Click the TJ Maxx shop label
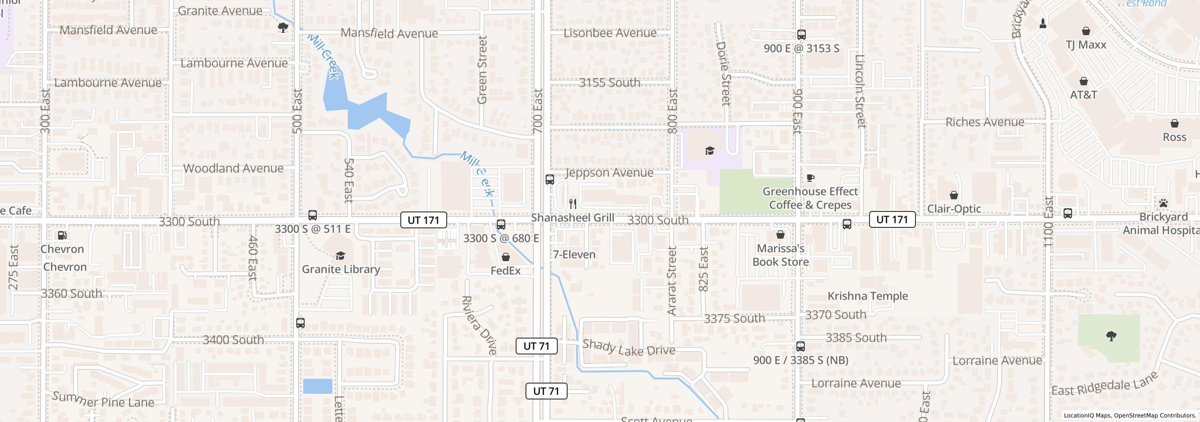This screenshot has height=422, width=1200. [x=1086, y=45]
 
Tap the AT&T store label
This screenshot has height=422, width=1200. [x=1083, y=95]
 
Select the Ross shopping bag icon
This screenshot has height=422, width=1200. [x=1174, y=124]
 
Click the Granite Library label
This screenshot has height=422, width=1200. [x=341, y=269]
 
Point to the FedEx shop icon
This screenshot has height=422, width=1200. [x=505, y=257]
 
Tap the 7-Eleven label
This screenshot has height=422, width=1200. [x=574, y=255]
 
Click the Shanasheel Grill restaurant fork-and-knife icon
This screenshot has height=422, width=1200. [x=572, y=204]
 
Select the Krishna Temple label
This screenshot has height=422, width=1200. [x=867, y=296]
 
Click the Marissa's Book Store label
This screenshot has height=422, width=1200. [x=780, y=255]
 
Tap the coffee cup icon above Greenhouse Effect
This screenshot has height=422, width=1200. [x=810, y=178]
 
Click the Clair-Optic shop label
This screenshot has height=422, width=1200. [x=954, y=209]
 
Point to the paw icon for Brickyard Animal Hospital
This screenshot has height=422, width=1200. [x=1163, y=203]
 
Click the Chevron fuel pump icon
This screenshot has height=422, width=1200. [x=62, y=235]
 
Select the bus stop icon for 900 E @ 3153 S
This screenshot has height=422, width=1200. [x=801, y=35]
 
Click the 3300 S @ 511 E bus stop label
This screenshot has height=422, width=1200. [x=312, y=229]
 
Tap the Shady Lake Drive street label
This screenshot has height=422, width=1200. [x=628, y=348]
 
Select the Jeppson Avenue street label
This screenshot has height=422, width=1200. [x=609, y=173]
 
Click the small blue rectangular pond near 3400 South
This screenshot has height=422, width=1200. [x=317, y=386]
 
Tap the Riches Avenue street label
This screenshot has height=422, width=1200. [x=984, y=122]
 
